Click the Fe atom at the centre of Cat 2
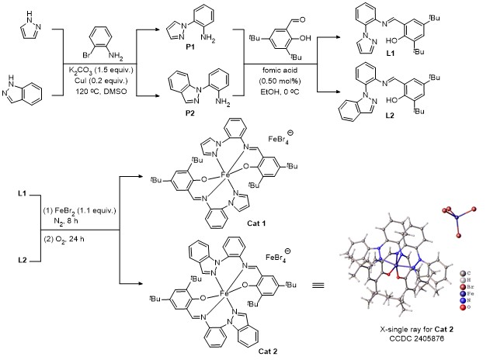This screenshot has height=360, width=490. tap(225, 296)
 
